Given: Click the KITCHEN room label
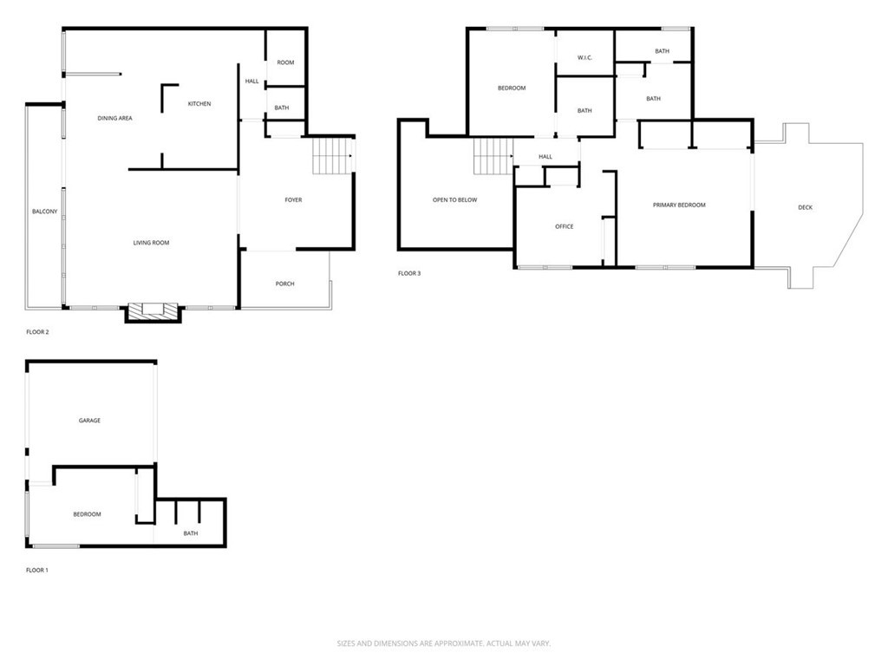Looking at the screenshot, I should click(199, 104).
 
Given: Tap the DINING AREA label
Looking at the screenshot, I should click(114, 118).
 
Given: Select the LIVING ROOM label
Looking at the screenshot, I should click(151, 243).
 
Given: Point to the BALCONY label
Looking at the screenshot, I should click(44, 212).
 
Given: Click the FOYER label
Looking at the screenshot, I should click(293, 200).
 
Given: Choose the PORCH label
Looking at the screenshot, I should click(284, 284).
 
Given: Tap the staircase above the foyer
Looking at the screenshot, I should click(331, 156).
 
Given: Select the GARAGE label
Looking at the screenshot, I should click(89, 421).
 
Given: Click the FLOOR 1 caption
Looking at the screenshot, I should click(37, 570).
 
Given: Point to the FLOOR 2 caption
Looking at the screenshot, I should click(37, 331).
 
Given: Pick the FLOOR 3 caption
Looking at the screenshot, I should click(409, 273).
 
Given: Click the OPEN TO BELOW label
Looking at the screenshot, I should click(454, 200).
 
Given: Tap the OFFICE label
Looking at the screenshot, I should click(564, 226).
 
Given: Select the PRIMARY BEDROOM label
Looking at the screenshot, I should click(679, 206).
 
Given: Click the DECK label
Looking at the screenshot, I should click(805, 207).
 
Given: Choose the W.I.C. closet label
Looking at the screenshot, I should click(584, 58).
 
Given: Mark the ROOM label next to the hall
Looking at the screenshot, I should click(285, 62).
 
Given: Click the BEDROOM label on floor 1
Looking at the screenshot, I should click(87, 514).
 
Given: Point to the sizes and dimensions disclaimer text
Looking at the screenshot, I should click(444, 643).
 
